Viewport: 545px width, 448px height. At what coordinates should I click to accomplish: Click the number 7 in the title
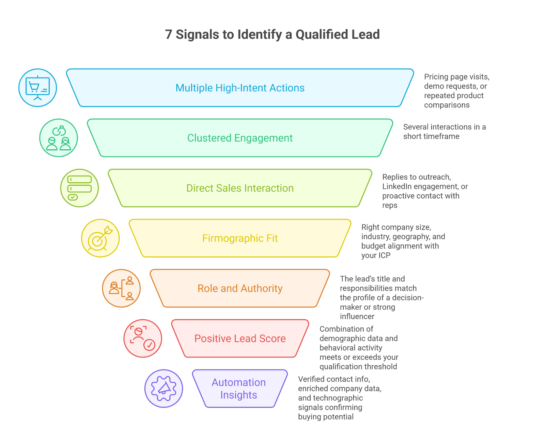tap(169, 35)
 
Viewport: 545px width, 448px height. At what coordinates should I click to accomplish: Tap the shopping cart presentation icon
tap(37, 88)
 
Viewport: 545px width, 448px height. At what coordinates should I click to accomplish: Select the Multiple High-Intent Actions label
tap(240, 88)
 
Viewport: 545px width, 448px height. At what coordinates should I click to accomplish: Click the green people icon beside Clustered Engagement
tap(59, 138)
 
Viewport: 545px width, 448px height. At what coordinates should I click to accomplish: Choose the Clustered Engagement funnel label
tap(240, 138)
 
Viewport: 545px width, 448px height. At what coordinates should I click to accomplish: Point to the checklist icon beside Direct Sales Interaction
tap(79, 188)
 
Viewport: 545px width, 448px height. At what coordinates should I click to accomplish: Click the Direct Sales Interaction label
tap(240, 188)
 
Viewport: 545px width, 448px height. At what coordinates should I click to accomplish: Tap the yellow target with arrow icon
tap(100, 238)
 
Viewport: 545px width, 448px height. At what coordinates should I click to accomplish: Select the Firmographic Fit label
tap(240, 238)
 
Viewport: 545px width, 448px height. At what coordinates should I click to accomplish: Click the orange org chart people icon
tap(121, 288)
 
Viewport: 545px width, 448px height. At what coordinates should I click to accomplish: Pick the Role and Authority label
tap(240, 288)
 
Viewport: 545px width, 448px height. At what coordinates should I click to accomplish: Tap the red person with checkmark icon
tap(142, 338)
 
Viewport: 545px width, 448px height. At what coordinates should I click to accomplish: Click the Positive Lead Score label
tap(240, 338)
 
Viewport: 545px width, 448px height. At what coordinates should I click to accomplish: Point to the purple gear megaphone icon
tap(163, 388)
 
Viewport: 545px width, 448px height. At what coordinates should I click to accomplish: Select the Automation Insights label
tap(238, 388)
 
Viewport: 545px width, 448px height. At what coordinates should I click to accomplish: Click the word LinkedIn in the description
tap(396, 187)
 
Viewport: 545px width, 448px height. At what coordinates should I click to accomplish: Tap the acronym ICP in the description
tap(384, 255)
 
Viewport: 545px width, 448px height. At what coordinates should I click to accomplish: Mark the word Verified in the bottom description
tap(311, 379)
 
